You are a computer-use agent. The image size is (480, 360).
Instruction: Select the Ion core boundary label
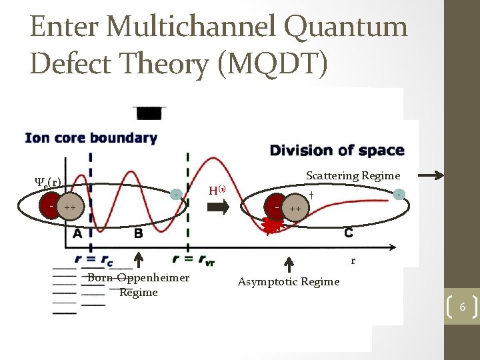pyautogui.click(x=91, y=139)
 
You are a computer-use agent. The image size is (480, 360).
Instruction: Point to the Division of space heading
pyautogui.click(x=337, y=149)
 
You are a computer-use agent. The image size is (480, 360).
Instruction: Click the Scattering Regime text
pyautogui.click(x=353, y=175)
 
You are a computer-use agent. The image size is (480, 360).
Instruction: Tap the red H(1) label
pyautogui.click(x=217, y=190)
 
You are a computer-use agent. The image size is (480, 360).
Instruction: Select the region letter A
pyautogui.click(x=78, y=233)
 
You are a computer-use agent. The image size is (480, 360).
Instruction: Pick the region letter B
pyautogui.click(x=138, y=233)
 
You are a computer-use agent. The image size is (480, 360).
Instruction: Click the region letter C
pyautogui.click(x=348, y=233)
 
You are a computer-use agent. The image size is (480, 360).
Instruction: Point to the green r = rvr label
pyautogui.click(x=193, y=259)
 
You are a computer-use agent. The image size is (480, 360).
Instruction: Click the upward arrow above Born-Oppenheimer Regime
pyautogui.click(x=139, y=261)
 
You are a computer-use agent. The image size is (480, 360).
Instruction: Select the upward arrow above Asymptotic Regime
pyautogui.click(x=289, y=264)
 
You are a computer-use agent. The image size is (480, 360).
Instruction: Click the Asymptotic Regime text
pyautogui.click(x=289, y=281)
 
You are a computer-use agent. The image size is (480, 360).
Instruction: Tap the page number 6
pyautogui.click(x=462, y=307)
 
